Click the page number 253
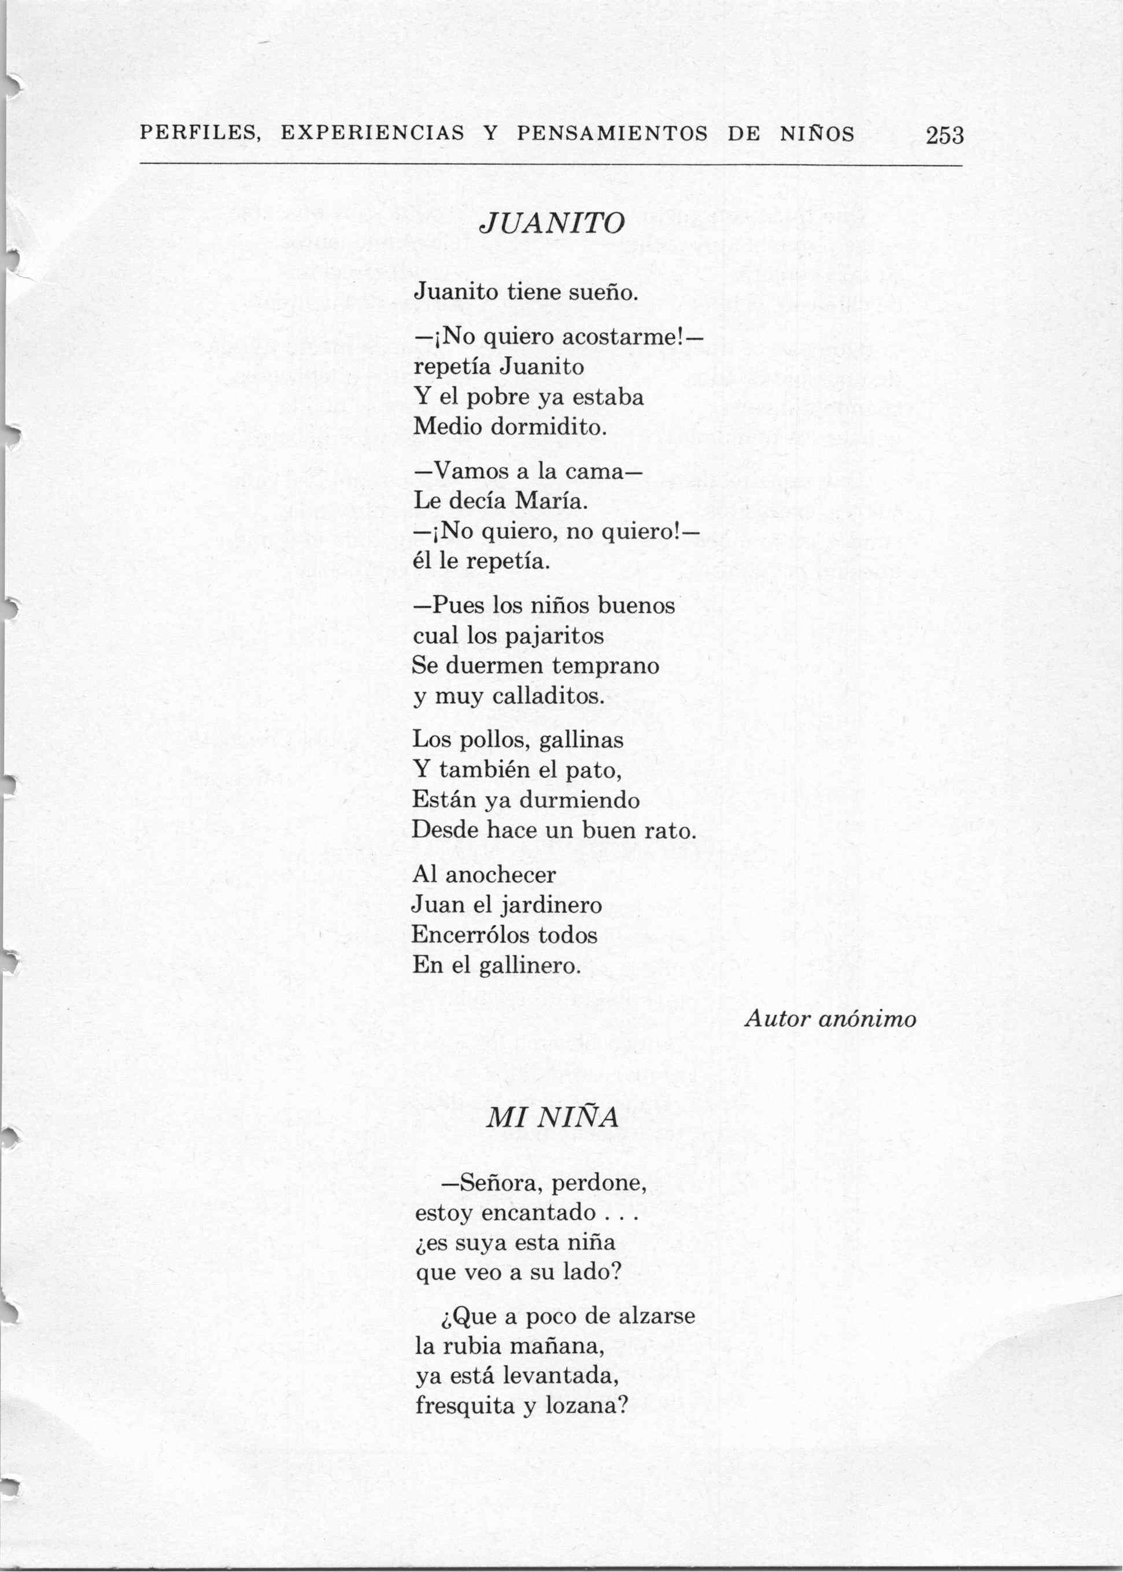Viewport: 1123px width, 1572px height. tap(944, 135)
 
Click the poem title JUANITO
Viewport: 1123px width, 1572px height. tap(552, 222)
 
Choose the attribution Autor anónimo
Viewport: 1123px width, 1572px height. tap(830, 1019)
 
